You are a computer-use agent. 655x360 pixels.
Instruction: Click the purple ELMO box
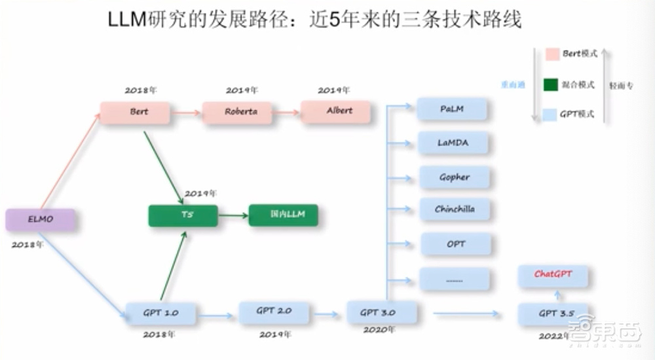click(x=39, y=220)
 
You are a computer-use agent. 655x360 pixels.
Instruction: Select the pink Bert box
click(x=134, y=113)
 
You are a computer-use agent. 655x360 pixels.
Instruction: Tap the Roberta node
click(x=236, y=113)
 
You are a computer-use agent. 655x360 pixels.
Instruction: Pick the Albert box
click(x=335, y=111)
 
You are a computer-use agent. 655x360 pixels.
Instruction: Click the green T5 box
click(x=183, y=215)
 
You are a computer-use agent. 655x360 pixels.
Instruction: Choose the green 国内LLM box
click(x=283, y=215)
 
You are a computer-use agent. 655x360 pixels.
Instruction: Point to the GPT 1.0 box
click(x=160, y=313)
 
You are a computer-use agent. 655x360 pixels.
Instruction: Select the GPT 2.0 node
click(x=273, y=312)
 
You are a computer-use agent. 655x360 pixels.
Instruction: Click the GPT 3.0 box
click(x=381, y=312)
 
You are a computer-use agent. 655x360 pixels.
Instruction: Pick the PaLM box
click(x=452, y=109)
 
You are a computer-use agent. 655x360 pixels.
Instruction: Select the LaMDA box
click(x=453, y=143)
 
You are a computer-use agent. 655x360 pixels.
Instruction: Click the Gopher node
click(x=454, y=177)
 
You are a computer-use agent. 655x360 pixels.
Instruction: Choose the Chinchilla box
click(x=454, y=210)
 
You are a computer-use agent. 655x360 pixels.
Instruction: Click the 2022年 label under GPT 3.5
click(x=552, y=335)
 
